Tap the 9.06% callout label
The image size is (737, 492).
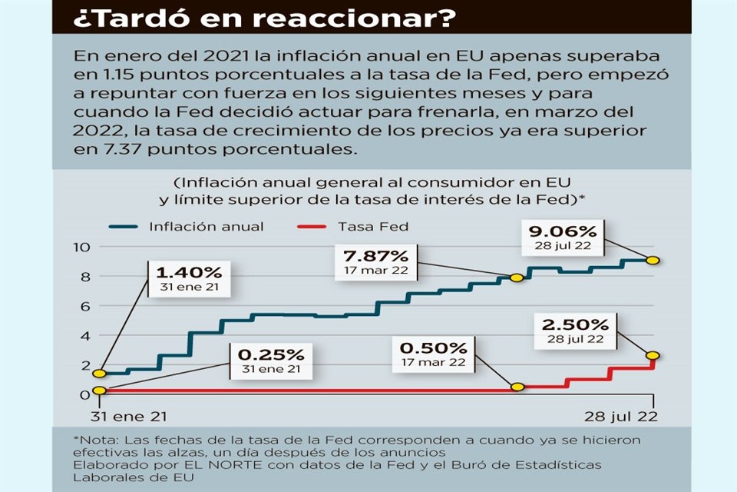click(x=563, y=236)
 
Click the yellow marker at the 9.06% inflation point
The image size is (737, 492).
click(x=653, y=261)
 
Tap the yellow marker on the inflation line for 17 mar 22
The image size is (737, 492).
click(x=517, y=278)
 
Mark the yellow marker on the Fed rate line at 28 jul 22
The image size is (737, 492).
click(x=653, y=355)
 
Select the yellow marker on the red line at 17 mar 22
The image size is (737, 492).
click(x=517, y=387)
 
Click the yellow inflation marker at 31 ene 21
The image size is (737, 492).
click(x=98, y=374)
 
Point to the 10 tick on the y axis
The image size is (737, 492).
click(x=82, y=247)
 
